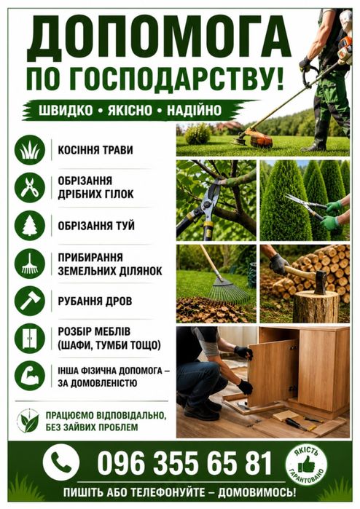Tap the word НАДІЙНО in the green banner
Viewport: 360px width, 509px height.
[194, 110]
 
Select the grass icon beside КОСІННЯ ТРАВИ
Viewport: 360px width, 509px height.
[30, 150]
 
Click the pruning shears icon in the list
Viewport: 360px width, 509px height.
[30, 188]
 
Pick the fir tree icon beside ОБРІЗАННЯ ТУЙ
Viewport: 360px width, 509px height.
[30, 226]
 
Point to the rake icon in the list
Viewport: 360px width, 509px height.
[30, 264]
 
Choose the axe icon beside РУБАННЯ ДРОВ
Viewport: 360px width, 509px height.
[30, 301]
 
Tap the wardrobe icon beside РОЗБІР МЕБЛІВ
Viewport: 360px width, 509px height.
[30, 339]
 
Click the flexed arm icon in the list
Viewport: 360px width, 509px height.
[30, 376]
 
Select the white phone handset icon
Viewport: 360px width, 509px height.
[60, 462]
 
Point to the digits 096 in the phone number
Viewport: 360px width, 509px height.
[120, 463]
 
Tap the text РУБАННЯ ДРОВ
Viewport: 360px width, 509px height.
[95, 301]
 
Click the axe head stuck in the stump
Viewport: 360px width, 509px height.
[321, 281]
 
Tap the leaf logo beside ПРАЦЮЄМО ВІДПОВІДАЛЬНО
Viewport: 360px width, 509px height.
[28, 421]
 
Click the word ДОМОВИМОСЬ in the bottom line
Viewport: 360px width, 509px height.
[257, 493]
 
